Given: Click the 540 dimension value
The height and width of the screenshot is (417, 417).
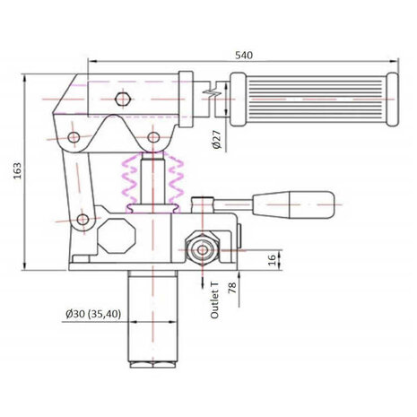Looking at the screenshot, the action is [244, 56].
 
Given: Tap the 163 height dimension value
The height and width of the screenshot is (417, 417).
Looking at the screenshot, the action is [17, 171].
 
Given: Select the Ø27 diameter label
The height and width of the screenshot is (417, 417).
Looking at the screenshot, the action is [217, 140].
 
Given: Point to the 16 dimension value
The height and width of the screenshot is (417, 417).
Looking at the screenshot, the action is [272, 260].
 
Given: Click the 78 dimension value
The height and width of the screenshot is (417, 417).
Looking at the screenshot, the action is [232, 287].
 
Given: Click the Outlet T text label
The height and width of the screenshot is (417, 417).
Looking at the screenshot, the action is [214, 300].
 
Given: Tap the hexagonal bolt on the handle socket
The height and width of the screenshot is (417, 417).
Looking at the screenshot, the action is [122, 99].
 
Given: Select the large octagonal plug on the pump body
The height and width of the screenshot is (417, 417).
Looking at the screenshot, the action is [117, 236].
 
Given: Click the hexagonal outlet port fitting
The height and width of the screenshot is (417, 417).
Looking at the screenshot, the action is [203, 250].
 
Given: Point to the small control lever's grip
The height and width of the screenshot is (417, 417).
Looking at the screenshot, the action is [293, 204].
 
